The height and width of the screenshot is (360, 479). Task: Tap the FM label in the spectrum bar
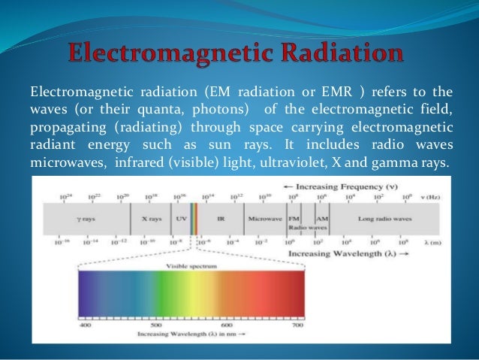click(x=294, y=217)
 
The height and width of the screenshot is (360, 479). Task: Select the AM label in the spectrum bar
click(x=321, y=217)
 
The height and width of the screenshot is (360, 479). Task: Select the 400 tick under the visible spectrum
click(x=86, y=325)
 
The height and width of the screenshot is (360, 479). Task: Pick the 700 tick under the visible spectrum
click(x=298, y=325)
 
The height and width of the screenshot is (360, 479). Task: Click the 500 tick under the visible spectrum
click(x=156, y=325)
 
